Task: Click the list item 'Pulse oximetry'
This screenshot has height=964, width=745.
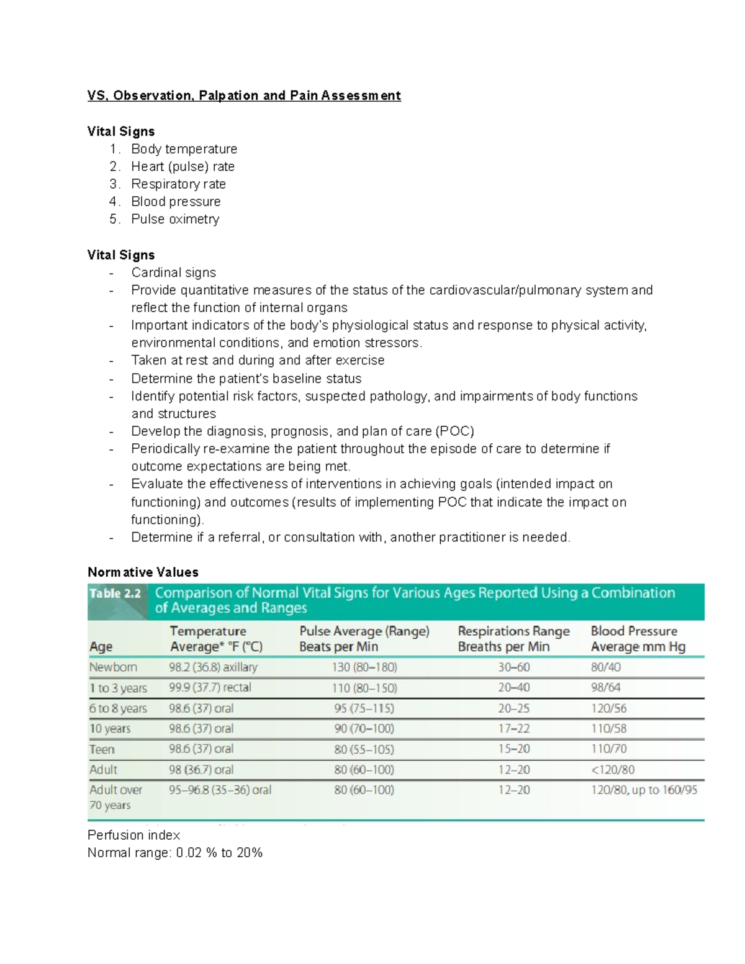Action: pyautogui.click(x=175, y=219)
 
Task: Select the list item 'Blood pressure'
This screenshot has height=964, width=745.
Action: pyautogui.click(x=176, y=202)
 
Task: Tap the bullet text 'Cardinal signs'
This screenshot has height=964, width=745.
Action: pyautogui.click(x=173, y=273)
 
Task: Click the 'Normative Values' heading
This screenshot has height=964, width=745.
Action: pyautogui.click(x=143, y=572)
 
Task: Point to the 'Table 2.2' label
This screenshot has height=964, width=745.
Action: pyautogui.click(x=115, y=593)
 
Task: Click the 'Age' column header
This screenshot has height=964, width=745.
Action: pyautogui.click(x=101, y=647)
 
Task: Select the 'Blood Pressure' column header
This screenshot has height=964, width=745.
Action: pyautogui.click(x=634, y=631)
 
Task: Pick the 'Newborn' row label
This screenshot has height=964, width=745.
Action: pyautogui.click(x=113, y=667)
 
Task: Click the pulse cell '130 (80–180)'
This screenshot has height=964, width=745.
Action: pyautogui.click(x=364, y=667)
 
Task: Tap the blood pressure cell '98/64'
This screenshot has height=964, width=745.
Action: pyautogui.click(x=605, y=688)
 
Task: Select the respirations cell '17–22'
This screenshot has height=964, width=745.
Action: pyautogui.click(x=514, y=729)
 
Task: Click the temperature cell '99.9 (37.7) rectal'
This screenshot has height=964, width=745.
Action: pyautogui.click(x=210, y=688)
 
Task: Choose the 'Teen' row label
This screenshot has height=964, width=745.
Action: pyautogui.click(x=102, y=749)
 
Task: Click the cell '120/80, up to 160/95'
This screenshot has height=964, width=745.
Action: pyautogui.click(x=644, y=790)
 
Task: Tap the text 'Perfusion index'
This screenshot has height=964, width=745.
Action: pyautogui.click(x=133, y=836)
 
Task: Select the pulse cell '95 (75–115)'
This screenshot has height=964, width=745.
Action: pyautogui.click(x=364, y=708)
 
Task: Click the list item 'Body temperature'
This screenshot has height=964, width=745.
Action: pyautogui.click(x=184, y=149)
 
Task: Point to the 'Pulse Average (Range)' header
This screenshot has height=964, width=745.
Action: pyautogui.click(x=364, y=631)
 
